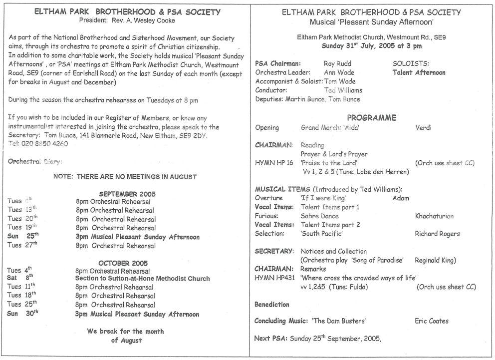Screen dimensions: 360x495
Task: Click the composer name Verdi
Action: (x=424, y=127)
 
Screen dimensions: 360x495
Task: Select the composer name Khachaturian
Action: (x=434, y=216)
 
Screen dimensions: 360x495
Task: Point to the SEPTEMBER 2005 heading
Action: (x=127, y=193)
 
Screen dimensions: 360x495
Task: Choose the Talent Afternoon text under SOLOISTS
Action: (x=419, y=72)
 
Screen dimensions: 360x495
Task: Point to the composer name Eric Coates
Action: (x=432, y=321)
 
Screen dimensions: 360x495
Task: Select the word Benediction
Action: (x=271, y=304)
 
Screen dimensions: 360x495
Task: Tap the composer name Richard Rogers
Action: (x=437, y=233)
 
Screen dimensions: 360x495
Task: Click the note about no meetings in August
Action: (x=125, y=176)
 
